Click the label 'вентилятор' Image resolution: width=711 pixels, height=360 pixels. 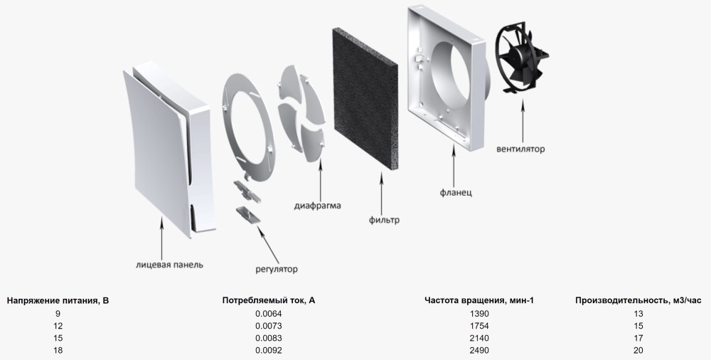point(520,149)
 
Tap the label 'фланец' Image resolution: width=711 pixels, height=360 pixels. point(456,193)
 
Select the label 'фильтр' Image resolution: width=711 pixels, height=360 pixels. point(384,220)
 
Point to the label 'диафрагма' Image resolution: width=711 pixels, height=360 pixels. point(317,206)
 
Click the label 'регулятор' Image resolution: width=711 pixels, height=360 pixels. point(277,269)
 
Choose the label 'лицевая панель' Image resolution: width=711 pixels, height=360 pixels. point(170,264)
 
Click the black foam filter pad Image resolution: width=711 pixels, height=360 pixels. point(365,98)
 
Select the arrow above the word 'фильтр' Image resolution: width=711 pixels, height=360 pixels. point(381,193)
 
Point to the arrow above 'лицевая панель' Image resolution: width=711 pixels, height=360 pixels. point(161,237)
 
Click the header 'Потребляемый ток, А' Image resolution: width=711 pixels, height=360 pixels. point(269,300)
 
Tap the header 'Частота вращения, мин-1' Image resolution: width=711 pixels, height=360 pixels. point(479,300)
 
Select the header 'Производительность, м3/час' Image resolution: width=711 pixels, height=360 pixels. point(638,300)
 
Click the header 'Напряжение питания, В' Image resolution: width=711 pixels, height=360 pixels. point(58,300)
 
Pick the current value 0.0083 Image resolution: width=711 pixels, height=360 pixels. point(269,338)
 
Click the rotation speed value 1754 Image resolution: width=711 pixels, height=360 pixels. point(479,326)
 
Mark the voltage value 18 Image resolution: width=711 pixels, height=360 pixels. point(58,351)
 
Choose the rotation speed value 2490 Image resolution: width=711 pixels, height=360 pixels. point(479,351)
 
